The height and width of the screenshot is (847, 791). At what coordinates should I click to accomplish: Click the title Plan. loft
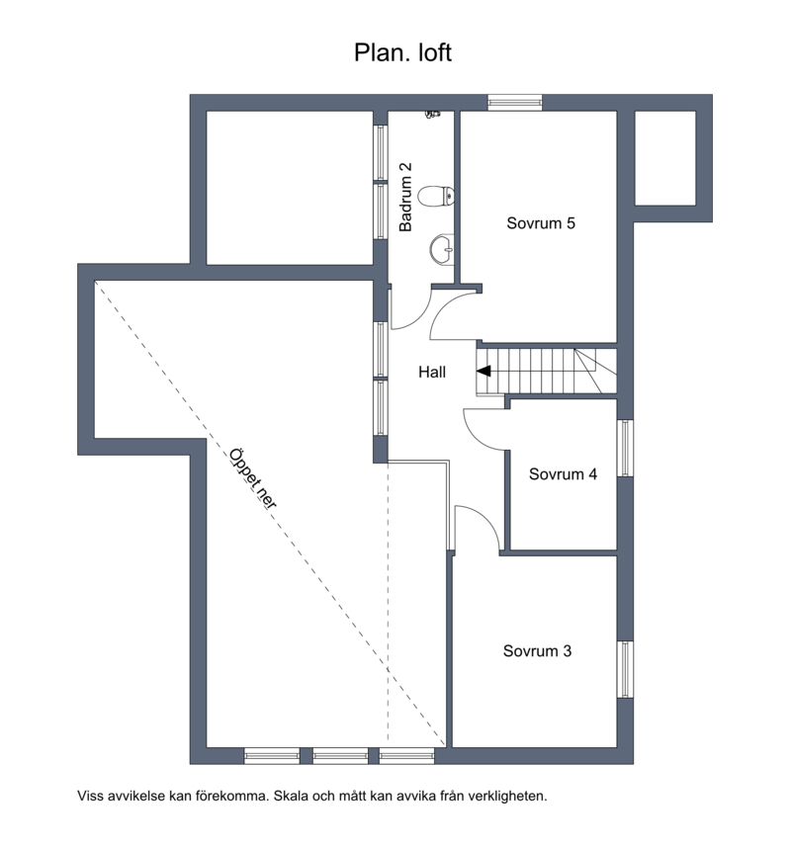click(x=402, y=53)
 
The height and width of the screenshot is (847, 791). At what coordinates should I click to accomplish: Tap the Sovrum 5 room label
click(x=541, y=223)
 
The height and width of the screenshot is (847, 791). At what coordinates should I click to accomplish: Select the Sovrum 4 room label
click(x=563, y=474)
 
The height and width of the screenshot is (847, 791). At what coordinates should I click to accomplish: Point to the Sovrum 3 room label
click(x=537, y=651)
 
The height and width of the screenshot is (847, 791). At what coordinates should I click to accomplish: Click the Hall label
click(x=432, y=372)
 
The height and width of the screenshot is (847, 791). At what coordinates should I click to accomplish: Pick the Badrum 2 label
click(x=405, y=197)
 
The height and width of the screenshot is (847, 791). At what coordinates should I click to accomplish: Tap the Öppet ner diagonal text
click(x=253, y=478)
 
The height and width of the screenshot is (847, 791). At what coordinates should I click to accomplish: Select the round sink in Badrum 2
click(x=442, y=250)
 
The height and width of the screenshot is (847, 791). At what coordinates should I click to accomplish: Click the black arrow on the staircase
click(x=483, y=371)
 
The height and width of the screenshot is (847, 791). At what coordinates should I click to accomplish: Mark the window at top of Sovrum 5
click(x=515, y=103)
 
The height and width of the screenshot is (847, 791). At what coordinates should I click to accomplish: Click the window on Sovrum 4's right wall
click(x=625, y=449)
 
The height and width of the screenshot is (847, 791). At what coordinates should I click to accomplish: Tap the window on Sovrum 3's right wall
click(x=625, y=669)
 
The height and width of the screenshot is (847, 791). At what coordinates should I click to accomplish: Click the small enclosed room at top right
click(x=664, y=158)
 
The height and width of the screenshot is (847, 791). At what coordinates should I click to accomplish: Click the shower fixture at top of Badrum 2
click(x=432, y=114)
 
